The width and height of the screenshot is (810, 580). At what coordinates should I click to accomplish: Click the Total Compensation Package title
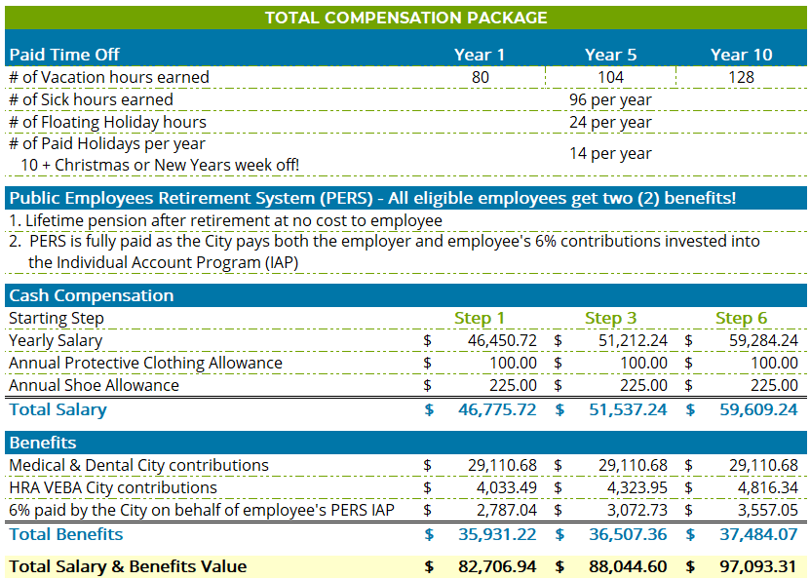pos(405,18)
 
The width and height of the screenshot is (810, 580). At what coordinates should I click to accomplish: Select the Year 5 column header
pos(610,55)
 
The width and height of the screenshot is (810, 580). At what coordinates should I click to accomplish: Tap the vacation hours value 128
pos(741,77)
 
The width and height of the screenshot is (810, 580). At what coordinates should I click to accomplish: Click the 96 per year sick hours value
pos(610,99)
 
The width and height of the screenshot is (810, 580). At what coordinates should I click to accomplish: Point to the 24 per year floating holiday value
pos(610,122)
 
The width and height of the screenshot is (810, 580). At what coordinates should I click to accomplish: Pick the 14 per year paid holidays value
pos(610,153)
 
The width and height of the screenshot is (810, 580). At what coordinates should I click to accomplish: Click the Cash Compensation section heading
pos(91,295)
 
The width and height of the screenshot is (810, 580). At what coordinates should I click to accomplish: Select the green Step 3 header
pos(610,318)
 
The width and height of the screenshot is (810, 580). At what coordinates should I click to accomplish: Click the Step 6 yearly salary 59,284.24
pos(763,340)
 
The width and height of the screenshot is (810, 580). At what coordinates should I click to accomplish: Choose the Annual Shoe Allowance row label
pos(94,385)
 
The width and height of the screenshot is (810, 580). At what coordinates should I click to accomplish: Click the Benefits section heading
pos(43,443)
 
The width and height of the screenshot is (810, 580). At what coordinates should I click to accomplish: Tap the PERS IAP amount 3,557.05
pos(768,510)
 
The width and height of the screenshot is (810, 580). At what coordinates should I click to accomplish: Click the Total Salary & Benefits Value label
pos(128,566)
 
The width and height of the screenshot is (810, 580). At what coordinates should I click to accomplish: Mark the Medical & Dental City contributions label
pos(138,465)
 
